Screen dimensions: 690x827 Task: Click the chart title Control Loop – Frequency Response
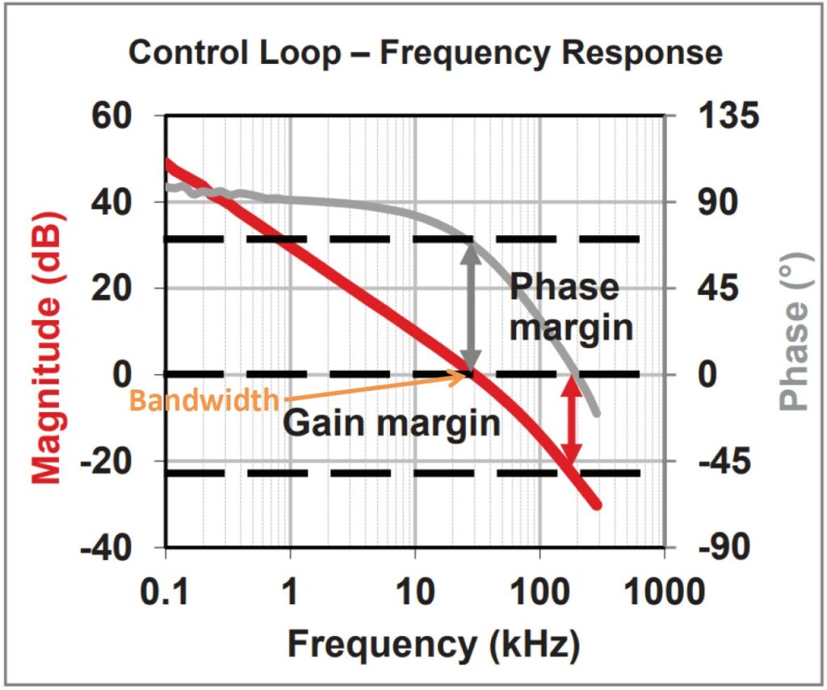pyautogui.click(x=426, y=53)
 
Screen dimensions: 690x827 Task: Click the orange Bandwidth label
pyautogui.click(x=204, y=401)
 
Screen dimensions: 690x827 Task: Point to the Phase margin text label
pyautogui.click(x=569, y=308)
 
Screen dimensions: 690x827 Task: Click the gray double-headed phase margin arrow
pyautogui.click(x=470, y=306)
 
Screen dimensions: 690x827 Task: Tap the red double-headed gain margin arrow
pyautogui.click(x=572, y=422)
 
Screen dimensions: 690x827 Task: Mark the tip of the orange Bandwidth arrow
pyautogui.click(x=468, y=374)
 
